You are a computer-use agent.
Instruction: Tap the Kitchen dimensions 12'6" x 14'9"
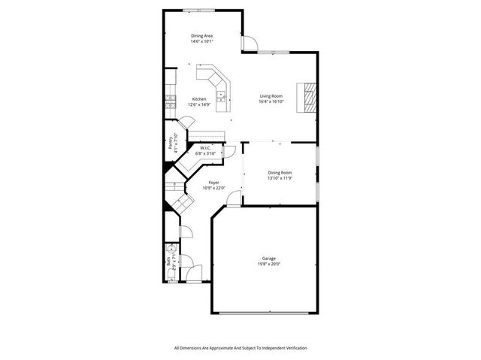point(198,104)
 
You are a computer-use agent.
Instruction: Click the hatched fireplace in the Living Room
point(310,97)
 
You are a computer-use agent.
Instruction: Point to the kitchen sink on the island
point(222,95)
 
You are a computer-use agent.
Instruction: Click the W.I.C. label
point(204,148)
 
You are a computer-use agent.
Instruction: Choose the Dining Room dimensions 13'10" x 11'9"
point(279,178)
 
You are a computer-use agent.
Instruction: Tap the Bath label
point(167,262)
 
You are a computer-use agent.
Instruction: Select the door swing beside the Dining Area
point(247,43)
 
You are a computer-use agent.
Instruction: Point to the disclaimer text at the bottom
point(240,348)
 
